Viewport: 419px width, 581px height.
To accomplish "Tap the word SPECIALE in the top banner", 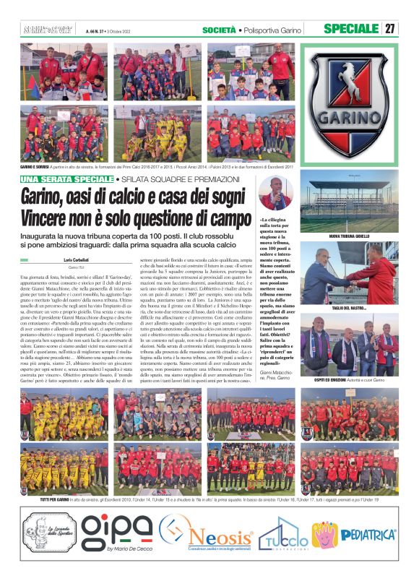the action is click(352, 28).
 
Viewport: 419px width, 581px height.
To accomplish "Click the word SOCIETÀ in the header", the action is click(219, 29).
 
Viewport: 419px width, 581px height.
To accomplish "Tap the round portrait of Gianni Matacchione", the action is click(275, 193).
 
